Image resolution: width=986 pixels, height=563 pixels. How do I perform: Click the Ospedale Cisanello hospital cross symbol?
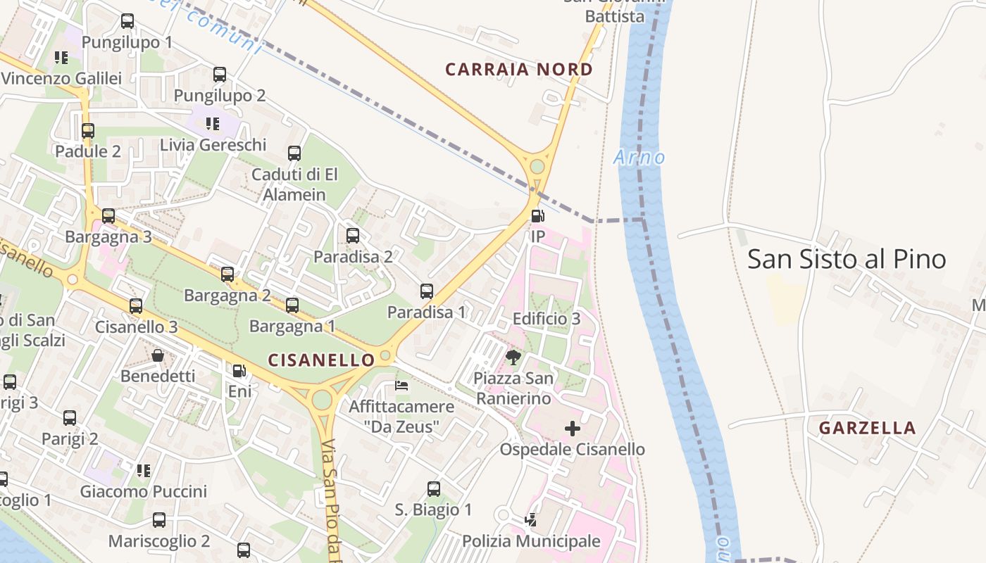click(573, 428)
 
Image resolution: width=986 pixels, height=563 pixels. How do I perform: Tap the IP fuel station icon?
click(537, 216)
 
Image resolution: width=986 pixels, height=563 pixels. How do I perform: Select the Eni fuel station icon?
click(239, 370)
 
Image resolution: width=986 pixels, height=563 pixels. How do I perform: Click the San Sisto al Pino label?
click(847, 259)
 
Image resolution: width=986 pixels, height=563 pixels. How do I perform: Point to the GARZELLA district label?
click(867, 428)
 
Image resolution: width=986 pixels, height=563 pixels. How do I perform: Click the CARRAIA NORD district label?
click(519, 70)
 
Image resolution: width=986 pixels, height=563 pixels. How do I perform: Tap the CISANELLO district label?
click(322, 360)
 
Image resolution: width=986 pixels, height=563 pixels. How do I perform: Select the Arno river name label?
click(639, 157)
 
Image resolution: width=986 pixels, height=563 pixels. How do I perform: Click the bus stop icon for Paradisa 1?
click(427, 291)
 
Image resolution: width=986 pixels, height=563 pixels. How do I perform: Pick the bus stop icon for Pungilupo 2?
click(220, 74)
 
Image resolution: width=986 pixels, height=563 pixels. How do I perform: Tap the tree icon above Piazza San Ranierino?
click(513, 358)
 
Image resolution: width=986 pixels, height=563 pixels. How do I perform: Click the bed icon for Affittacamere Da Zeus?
click(401, 385)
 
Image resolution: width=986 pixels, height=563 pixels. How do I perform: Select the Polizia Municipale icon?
click(531, 520)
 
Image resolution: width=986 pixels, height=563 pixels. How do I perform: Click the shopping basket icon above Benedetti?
click(158, 355)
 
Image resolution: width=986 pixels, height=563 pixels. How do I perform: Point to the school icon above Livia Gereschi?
click(213, 124)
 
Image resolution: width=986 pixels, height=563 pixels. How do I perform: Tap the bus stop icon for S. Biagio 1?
click(434, 488)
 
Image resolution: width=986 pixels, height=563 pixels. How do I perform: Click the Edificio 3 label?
click(547, 319)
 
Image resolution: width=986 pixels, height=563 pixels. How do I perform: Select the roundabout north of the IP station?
click(537, 167)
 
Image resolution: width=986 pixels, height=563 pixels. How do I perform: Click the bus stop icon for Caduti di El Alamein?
click(294, 153)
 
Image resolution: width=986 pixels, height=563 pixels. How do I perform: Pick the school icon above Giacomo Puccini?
click(144, 470)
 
